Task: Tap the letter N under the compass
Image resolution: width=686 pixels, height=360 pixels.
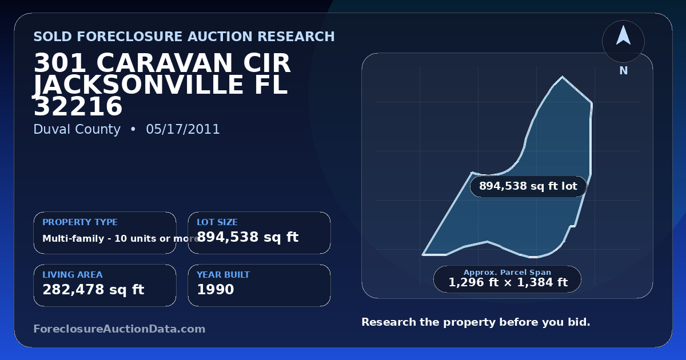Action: pos(624,71)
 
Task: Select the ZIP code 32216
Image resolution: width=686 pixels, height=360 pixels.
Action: pos(78,106)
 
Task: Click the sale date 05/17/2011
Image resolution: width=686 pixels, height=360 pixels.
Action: pos(183,129)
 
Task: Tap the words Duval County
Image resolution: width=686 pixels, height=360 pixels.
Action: pos(77,130)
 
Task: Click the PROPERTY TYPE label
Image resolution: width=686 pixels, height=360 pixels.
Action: pos(80,222)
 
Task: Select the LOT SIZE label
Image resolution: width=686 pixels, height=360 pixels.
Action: pos(217,222)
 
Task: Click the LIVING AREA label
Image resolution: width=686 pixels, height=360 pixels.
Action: pos(73,275)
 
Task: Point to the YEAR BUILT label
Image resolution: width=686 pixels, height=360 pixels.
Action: pos(224,275)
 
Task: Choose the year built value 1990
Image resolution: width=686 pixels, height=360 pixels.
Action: pos(216,289)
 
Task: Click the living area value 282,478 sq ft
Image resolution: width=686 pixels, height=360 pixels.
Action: pos(93,290)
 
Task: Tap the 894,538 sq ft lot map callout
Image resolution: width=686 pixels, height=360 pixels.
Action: pos(528,186)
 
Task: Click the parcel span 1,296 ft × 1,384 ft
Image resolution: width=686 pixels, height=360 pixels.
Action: pos(508,282)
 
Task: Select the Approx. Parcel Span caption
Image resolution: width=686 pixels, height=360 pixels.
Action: pos(508,272)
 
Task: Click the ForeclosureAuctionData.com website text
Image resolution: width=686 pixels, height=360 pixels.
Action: pos(119,329)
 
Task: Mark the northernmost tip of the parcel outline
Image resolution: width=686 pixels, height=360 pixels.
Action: pos(563,77)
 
